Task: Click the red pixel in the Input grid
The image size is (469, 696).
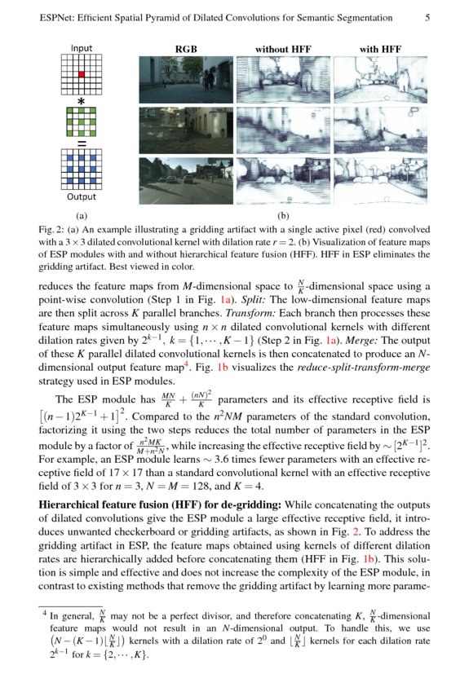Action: pyautogui.click(x=82, y=75)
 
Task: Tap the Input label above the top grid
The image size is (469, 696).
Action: pyautogui.click(x=82, y=48)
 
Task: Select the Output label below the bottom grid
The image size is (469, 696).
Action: pyautogui.click(x=82, y=196)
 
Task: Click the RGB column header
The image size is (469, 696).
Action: pyautogui.click(x=187, y=49)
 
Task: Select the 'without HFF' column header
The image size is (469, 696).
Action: pyautogui.click(x=283, y=49)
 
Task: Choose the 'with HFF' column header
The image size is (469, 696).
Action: pyautogui.click(x=380, y=49)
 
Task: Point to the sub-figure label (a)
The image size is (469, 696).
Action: pyautogui.click(x=82, y=216)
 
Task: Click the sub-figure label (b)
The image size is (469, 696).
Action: pyautogui.click(x=283, y=216)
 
